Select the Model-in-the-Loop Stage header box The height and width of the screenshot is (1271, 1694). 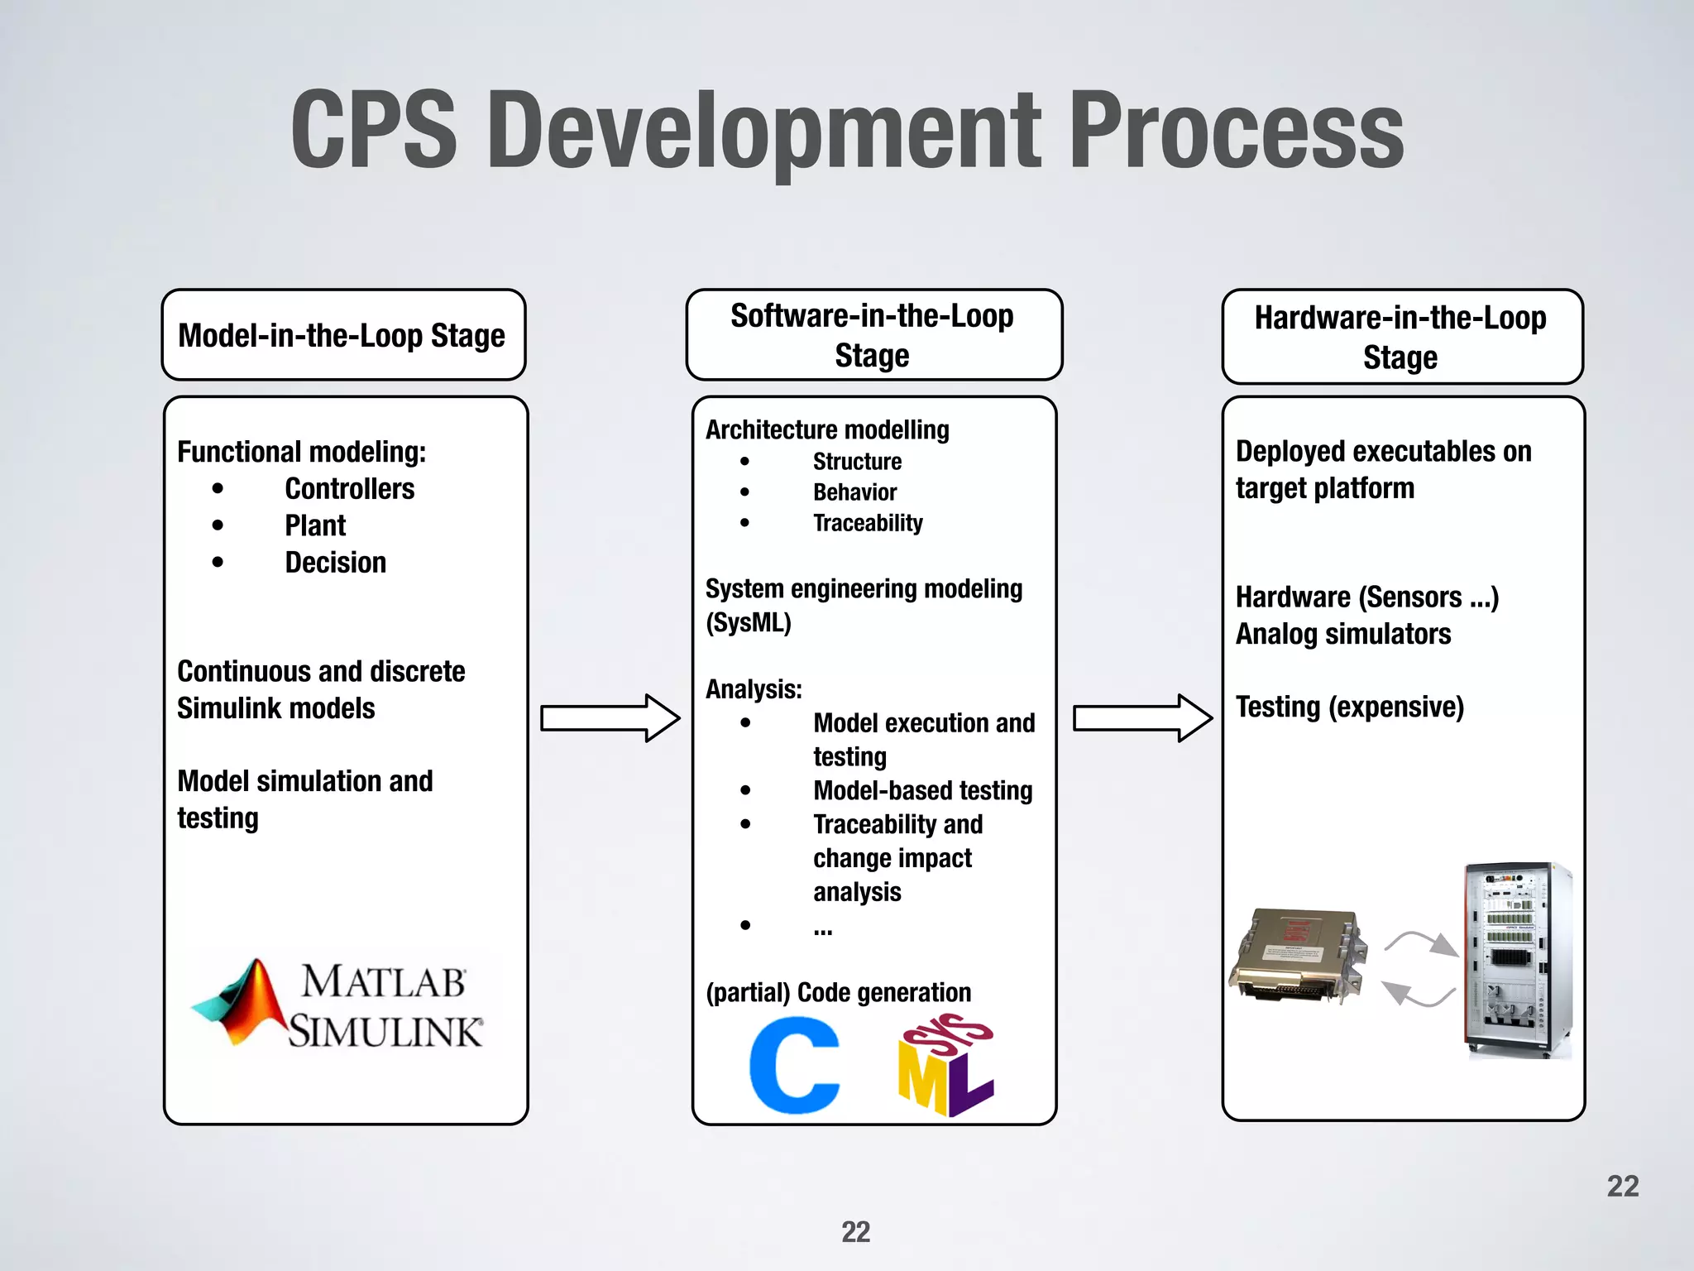pos(343,335)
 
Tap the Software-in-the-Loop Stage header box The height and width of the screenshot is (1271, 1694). pos(873,335)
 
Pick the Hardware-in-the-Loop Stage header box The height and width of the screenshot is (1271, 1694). pos(1401,337)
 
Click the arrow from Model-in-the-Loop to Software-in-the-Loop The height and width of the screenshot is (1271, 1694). pos(610,718)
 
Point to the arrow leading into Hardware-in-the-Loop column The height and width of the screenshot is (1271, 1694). pos(1142,718)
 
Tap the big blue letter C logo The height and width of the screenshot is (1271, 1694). pos(794,1066)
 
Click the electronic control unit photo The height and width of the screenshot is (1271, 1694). pos(1295,957)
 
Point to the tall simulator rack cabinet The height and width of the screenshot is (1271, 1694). pos(1517,960)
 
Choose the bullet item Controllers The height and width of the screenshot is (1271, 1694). pos(349,489)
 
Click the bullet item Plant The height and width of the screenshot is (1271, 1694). pos(315,525)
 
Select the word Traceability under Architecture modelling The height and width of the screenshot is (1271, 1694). pos(868,523)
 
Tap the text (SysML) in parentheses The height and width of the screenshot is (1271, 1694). pos(749,622)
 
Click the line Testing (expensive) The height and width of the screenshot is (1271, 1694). pos(1349,707)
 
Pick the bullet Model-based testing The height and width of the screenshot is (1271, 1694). pos(922,791)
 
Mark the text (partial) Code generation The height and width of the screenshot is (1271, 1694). pos(838,992)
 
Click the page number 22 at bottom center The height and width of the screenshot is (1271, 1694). pos(855,1232)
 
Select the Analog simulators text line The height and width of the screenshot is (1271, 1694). pos(1343,635)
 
